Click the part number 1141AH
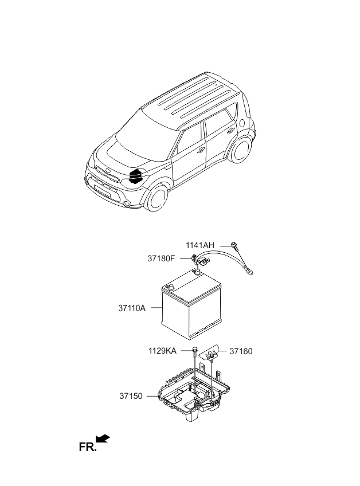pos(199,245)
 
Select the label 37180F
pos(161,258)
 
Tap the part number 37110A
pos(132,308)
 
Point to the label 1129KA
pos(162,351)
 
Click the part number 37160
pos(241,351)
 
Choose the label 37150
pos(131,396)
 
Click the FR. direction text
pos(88,447)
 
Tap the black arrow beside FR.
pos(103,438)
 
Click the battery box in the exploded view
pos(192,306)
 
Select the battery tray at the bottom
pos(194,392)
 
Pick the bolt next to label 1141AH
pos(234,245)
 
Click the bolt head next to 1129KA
pos(195,350)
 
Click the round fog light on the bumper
pos(126,203)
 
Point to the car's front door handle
pos(201,150)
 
